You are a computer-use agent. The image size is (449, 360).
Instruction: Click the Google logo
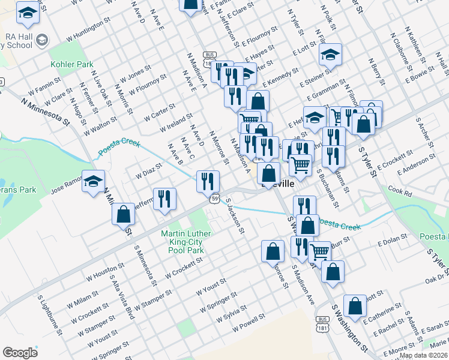point(20,353)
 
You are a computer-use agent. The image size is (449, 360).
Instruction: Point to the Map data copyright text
point(423,355)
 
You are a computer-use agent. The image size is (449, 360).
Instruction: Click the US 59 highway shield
point(214,198)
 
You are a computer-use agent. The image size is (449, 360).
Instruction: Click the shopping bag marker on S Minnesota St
point(123,214)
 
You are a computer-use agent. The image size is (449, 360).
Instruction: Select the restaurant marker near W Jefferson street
point(164,199)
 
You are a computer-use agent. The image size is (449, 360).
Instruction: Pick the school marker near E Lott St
point(330,55)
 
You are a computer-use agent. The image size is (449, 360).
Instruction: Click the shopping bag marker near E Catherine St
point(355,305)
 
